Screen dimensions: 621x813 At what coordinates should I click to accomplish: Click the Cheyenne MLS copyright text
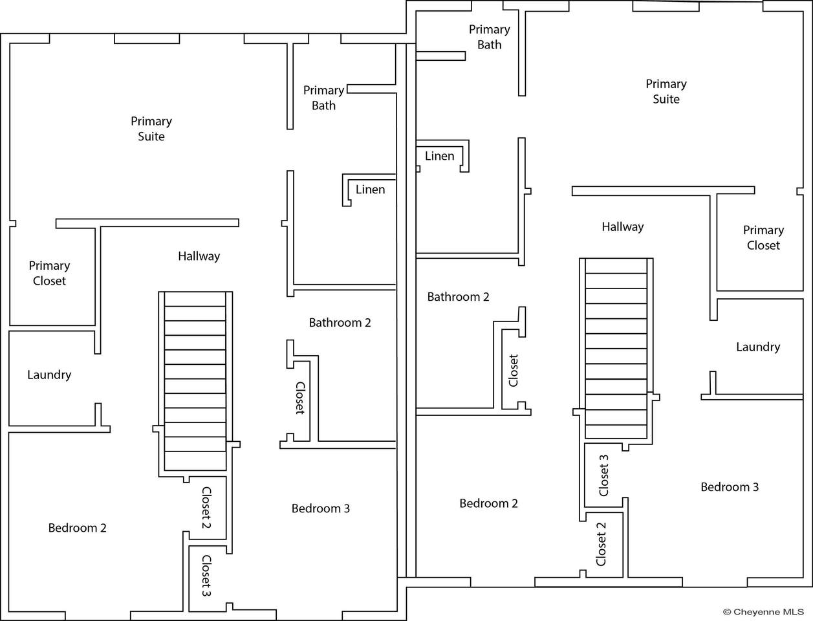(763, 611)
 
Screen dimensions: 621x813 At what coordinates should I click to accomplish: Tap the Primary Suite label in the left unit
(151, 129)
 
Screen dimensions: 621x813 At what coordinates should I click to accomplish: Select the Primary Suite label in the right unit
(666, 91)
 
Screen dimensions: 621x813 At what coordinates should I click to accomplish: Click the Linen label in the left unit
(370, 190)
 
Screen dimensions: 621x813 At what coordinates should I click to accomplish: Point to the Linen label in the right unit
(439, 156)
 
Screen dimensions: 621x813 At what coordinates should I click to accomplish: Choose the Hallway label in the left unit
(199, 256)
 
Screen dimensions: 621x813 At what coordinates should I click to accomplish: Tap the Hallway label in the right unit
(622, 226)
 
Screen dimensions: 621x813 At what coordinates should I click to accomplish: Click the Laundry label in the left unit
(49, 375)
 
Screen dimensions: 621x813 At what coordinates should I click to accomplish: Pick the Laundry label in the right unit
(758, 347)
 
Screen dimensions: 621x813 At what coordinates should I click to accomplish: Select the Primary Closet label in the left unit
(49, 273)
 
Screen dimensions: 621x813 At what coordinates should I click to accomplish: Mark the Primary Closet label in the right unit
(763, 237)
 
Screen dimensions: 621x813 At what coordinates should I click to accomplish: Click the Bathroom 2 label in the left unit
(340, 322)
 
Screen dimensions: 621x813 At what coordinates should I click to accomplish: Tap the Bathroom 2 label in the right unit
(458, 297)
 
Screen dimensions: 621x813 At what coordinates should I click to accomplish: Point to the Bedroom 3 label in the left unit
(320, 508)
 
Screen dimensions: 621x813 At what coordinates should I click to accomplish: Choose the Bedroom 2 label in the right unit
(488, 503)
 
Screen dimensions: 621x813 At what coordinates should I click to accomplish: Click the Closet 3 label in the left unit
(206, 576)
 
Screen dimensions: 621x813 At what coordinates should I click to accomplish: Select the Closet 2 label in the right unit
(602, 544)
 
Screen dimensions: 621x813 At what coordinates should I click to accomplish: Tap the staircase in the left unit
(195, 382)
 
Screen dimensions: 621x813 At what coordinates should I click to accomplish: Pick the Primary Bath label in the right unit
(489, 37)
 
